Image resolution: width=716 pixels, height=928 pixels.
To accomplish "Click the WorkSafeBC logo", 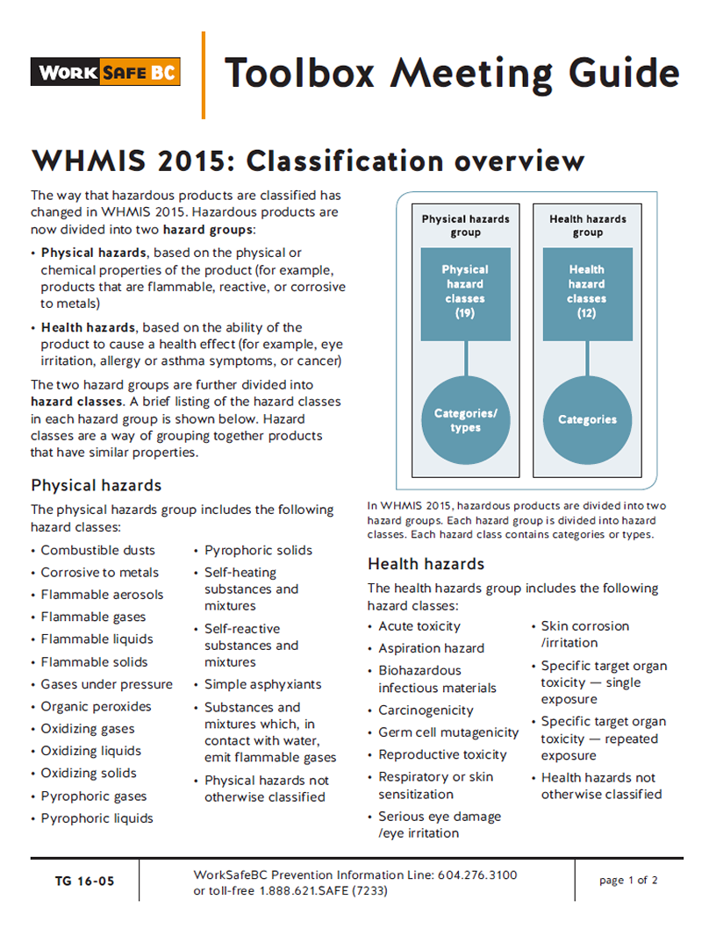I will pyautogui.click(x=105, y=72).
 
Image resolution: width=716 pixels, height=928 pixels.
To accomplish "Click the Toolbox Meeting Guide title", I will pyautogui.click(x=451, y=73).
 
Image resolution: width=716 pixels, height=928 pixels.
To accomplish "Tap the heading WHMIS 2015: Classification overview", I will pyautogui.click(x=307, y=161).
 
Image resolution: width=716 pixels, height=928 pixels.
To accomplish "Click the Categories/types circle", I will pyautogui.click(x=465, y=420).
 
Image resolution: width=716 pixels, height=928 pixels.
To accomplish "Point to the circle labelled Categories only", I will pyautogui.click(x=587, y=420).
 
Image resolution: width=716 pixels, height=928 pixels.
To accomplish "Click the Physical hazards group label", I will pyautogui.click(x=465, y=225).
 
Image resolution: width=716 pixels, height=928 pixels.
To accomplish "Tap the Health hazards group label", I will pyautogui.click(x=587, y=225).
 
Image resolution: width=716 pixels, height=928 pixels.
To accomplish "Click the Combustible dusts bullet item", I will pyautogui.click(x=97, y=551).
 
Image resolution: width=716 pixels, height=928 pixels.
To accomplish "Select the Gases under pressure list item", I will pyautogui.click(x=106, y=684).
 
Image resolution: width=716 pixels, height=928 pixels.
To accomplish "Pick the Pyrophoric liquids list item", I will pyautogui.click(x=97, y=818).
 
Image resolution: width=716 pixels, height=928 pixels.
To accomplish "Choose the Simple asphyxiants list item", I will pyautogui.click(x=262, y=684).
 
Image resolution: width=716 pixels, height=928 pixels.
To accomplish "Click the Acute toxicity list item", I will pyautogui.click(x=419, y=626).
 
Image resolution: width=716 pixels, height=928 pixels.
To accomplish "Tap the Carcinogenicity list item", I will pyautogui.click(x=426, y=710).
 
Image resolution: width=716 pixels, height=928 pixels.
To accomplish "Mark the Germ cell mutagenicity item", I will pyautogui.click(x=448, y=732).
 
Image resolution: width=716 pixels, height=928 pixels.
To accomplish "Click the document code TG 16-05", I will pyautogui.click(x=84, y=881).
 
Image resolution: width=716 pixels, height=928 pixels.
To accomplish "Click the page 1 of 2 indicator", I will pyautogui.click(x=628, y=881).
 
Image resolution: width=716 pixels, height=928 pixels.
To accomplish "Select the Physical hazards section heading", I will pyautogui.click(x=97, y=485).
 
